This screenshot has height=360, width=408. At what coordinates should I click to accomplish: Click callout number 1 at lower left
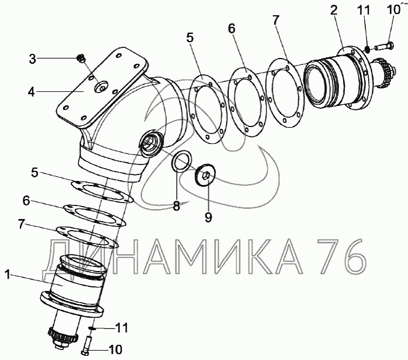8,275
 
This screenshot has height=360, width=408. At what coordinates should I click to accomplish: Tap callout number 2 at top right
334,10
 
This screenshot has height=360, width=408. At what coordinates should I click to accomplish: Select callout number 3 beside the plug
32,59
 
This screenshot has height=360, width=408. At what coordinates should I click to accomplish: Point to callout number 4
32,92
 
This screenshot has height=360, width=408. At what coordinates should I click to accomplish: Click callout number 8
176,206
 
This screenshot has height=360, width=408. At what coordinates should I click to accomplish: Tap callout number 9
208,217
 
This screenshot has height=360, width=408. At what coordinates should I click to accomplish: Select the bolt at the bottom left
86,345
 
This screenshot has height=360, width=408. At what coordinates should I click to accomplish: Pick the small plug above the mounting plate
81,59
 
